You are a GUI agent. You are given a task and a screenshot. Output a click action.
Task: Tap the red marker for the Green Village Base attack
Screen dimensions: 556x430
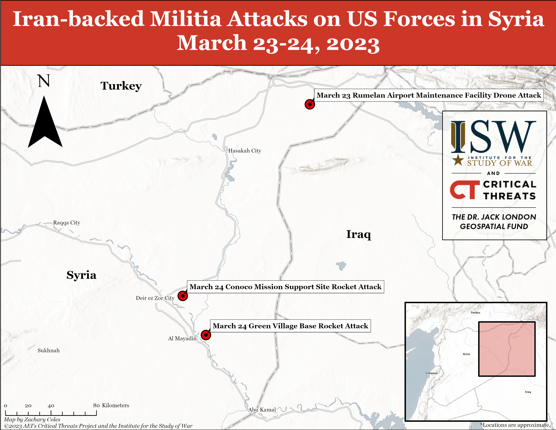click(x=206, y=335)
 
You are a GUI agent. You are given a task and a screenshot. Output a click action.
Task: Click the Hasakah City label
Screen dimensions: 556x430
click(x=245, y=151)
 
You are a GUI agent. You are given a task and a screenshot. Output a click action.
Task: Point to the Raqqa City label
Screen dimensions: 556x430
click(x=67, y=223)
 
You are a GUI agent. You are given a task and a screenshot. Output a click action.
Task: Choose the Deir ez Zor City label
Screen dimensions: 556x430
click(x=155, y=298)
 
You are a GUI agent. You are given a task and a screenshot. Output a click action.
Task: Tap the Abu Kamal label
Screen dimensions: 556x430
click(x=262, y=410)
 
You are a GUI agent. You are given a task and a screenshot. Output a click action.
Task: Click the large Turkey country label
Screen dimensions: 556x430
click(x=121, y=86)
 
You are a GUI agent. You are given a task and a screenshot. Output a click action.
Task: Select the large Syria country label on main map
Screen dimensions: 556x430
click(x=82, y=275)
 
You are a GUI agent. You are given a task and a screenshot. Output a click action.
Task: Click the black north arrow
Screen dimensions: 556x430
click(x=45, y=122)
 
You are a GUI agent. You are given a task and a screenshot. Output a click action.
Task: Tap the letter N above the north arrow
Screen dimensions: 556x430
click(x=44, y=81)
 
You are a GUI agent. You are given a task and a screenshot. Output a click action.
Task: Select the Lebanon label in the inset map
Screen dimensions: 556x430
click(x=431, y=373)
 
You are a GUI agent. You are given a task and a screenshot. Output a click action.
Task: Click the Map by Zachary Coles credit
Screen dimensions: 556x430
click(x=32, y=420)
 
